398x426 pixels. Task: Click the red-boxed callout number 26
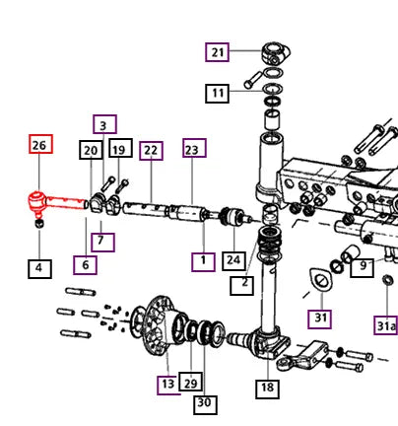pyautogui.click(x=40, y=144)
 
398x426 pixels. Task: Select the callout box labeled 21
pyautogui.click(x=217, y=52)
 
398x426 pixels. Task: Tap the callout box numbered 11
pyautogui.click(x=217, y=94)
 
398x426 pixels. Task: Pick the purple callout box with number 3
pyautogui.click(x=104, y=124)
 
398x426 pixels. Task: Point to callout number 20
pyautogui.click(x=91, y=150)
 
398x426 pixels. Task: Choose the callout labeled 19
pyautogui.click(x=120, y=148)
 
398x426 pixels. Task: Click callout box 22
pyautogui.click(x=151, y=151)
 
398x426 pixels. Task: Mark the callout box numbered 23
pyautogui.click(x=194, y=148)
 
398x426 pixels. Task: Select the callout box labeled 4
pyautogui.click(x=39, y=269)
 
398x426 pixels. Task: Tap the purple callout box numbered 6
pyautogui.click(x=85, y=265)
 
